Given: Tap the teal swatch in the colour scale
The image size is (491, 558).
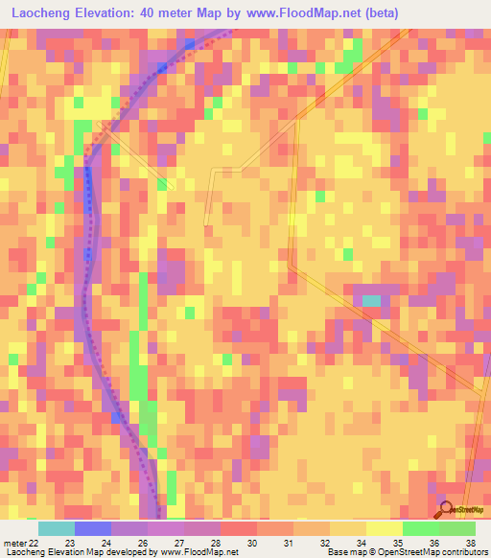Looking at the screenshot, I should tap(56, 528).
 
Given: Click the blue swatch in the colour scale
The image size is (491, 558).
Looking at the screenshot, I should tap(92, 528).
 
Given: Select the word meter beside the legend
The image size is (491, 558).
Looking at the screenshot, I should tap(13, 542).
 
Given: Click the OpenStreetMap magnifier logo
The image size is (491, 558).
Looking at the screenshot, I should tap(445, 510).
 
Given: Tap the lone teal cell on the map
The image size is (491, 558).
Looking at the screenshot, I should tap(370, 300).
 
